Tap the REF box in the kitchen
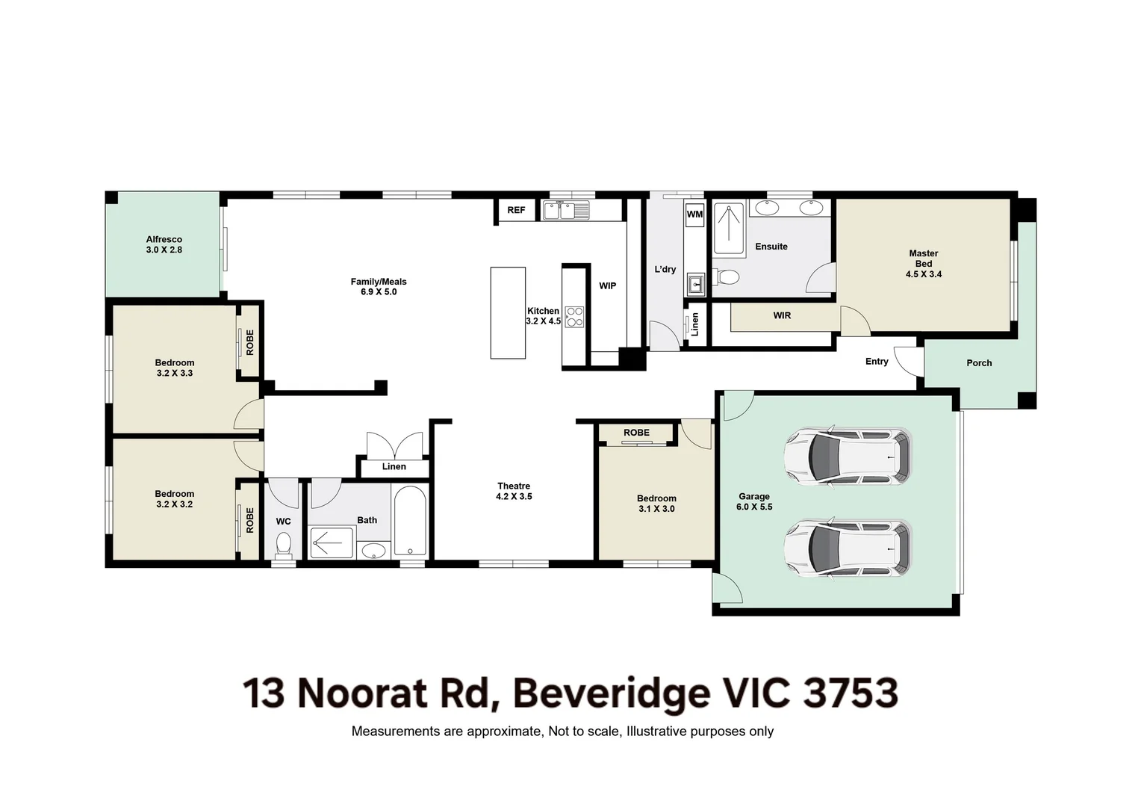pos(516,210)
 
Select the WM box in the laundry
pos(694,214)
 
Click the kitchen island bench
pos(508,313)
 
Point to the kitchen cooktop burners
pos(574,317)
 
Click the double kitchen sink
pos(567,211)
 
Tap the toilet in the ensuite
pos(726,277)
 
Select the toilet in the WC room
pos(283,545)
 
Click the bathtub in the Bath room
pos(410,521)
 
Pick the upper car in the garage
pos(848,456)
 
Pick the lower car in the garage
pos(848,548)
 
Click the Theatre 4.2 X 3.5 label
pos(514,492)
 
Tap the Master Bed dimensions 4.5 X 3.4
pos(924,274)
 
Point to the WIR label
pos(782,315)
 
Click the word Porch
pos(979,363)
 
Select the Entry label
pos(877,362)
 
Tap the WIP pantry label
pos(607,286)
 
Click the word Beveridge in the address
pos(611,694)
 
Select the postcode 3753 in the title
pos(850,693)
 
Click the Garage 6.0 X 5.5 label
pos(754,501)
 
